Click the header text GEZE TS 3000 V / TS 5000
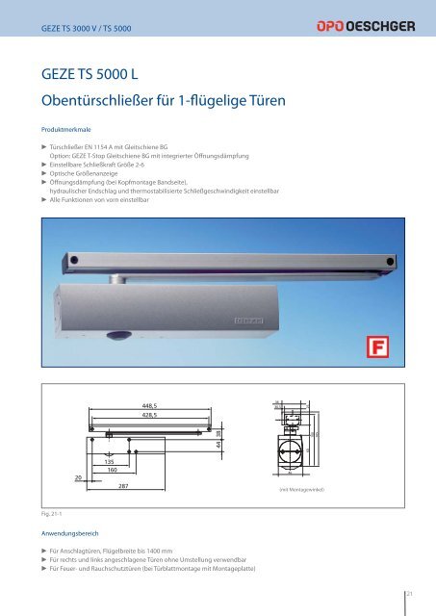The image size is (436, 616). click(x=86, y=30)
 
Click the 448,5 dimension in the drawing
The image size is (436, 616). click(x=150, y=405)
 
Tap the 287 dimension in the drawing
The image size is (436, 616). click(x=124, y=487)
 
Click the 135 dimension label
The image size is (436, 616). click(x=111, y=463)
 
